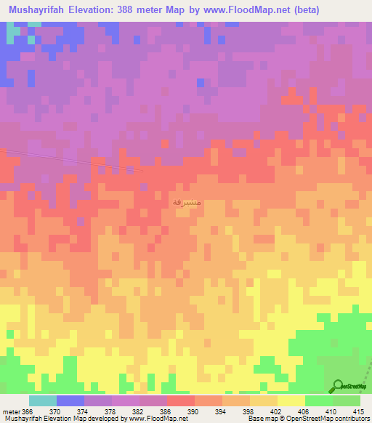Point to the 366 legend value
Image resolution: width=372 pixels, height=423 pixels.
[x=28, y=411]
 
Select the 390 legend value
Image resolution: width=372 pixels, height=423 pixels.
[x=193, y=411]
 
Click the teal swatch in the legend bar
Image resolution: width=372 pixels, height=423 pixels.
[x=42, y=400]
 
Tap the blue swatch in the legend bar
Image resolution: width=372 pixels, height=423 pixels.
[x=70, y=400]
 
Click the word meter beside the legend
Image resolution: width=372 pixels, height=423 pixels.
[x=11, y=411]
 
